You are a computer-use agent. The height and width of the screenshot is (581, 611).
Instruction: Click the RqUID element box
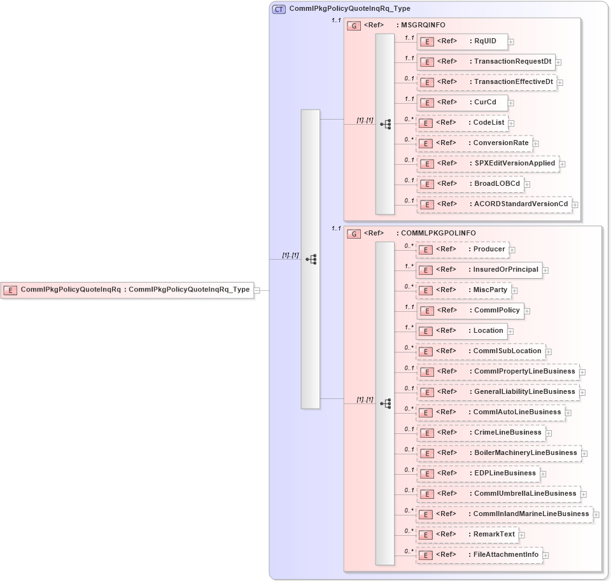(462, 41)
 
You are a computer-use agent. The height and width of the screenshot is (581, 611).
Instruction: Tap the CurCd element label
(485, 102)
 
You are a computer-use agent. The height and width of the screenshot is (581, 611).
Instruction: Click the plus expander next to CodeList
(511, 123)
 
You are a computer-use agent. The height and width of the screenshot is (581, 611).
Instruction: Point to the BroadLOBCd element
(470, 184)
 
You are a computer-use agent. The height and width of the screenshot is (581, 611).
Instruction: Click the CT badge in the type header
(279, 9)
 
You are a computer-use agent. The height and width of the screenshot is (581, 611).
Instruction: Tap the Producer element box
(462, 249)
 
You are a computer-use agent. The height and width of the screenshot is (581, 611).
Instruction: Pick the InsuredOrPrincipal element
(479, 270)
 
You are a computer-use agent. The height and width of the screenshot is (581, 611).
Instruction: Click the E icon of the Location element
(428, 332)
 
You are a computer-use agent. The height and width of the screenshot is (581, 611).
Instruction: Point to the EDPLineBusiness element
(478, 473)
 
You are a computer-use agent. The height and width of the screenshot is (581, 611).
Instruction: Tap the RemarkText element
(467, 535)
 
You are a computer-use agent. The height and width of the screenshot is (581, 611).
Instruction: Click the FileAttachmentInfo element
(479, 555)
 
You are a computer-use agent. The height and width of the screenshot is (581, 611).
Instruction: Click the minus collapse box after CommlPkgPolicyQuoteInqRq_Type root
(257, 290)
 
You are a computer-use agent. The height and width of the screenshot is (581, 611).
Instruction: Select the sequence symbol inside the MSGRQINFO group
(386, 125)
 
